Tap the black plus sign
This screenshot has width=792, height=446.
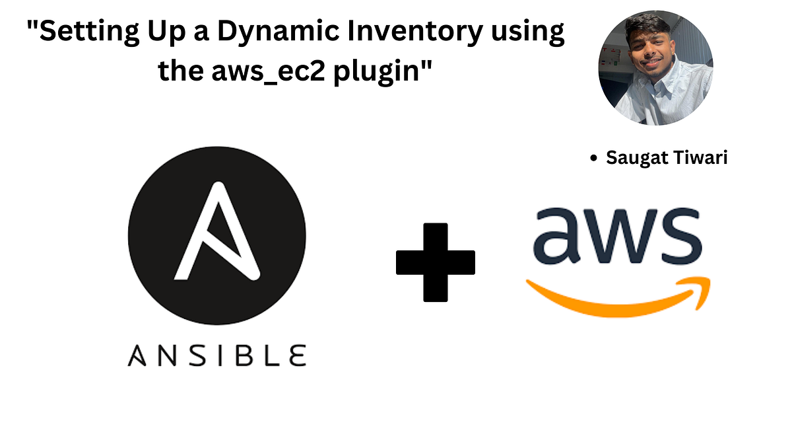tap(435, 262)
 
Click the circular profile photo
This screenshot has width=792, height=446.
tap(655, 68)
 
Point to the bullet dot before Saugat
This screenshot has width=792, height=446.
tap(593, 159)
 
